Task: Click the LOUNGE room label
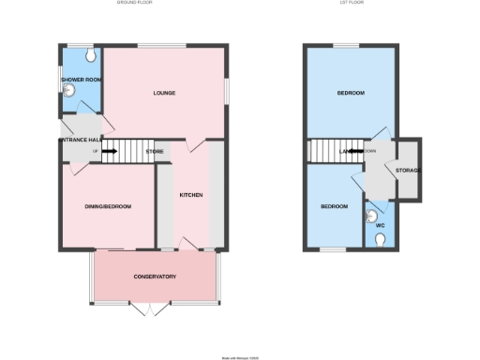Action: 165,93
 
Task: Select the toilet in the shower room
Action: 90,56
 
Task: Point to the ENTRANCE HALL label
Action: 79,140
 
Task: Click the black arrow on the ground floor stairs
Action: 110,150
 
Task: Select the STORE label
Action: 156,150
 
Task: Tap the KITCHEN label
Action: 191,195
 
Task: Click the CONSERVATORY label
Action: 155,277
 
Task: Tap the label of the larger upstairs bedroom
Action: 351,93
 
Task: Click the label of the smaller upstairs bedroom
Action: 335,206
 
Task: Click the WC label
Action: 381,225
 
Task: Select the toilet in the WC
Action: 381,241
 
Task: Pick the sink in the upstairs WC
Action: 369,213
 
